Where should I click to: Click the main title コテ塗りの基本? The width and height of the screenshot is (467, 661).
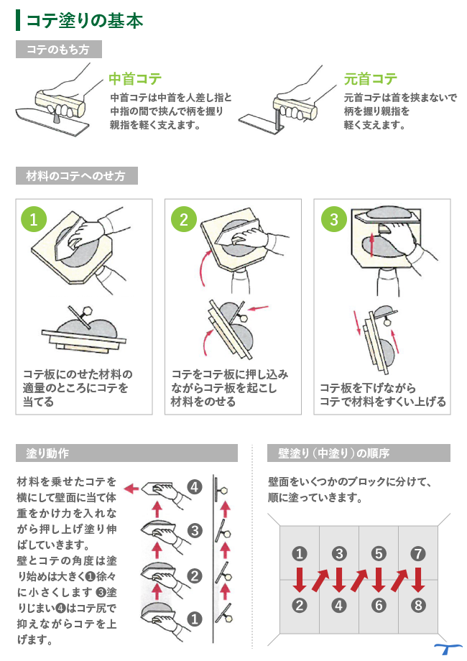(84, 20)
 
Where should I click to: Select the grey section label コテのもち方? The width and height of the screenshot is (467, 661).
(58, 49)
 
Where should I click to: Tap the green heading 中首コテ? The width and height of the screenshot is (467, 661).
(134, 79)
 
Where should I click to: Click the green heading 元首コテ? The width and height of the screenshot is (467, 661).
(370, 79)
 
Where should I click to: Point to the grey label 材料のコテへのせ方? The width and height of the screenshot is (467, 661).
(76, 175)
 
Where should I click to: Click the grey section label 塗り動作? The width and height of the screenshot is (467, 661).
(48, 453)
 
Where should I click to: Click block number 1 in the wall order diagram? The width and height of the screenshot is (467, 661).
(300, 554)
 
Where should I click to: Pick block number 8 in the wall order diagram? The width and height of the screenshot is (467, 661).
(419, 605)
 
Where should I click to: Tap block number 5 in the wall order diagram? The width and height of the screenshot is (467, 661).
(379, 554)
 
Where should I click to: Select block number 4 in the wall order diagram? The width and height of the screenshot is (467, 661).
(339, 605)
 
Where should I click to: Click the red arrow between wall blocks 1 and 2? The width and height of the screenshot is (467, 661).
(300, 579)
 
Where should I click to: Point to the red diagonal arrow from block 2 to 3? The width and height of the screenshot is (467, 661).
(320, 579)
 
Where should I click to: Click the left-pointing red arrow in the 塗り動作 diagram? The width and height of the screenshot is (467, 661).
(131, 489)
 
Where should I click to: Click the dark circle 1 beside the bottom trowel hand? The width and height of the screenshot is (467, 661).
(194, 617)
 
